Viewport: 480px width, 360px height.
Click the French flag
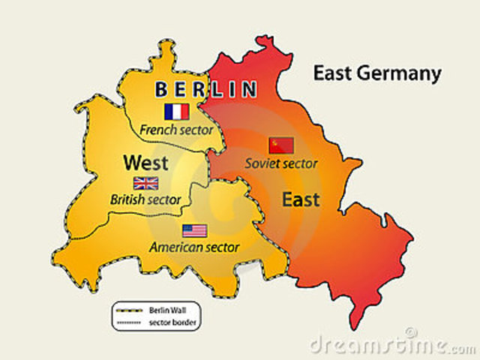(x=176, y=112)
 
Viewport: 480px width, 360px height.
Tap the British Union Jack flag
(x=145, y=183)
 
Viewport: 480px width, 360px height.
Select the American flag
(x=194, y=230)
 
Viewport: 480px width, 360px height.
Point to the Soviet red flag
(x=281, y=145)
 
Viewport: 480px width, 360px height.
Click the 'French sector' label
(x=176, y=130)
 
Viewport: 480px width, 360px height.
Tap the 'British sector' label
(x=145, y=199)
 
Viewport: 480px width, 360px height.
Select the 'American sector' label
(x=194, y=247)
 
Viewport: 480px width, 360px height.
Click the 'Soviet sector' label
(x=281, y=163)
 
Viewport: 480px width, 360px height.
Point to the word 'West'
(x=145, y=162)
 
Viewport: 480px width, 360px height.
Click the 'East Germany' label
(x=377, y=73)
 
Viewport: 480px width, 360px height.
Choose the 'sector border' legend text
(x=168, y=322)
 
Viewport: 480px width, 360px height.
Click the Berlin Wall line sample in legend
(x=129, y=309)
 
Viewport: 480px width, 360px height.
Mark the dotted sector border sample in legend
(x=129, y=322)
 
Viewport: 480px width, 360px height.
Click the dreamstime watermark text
(x=390, y=345)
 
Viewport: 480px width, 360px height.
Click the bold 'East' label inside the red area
(x=300, y=199)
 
